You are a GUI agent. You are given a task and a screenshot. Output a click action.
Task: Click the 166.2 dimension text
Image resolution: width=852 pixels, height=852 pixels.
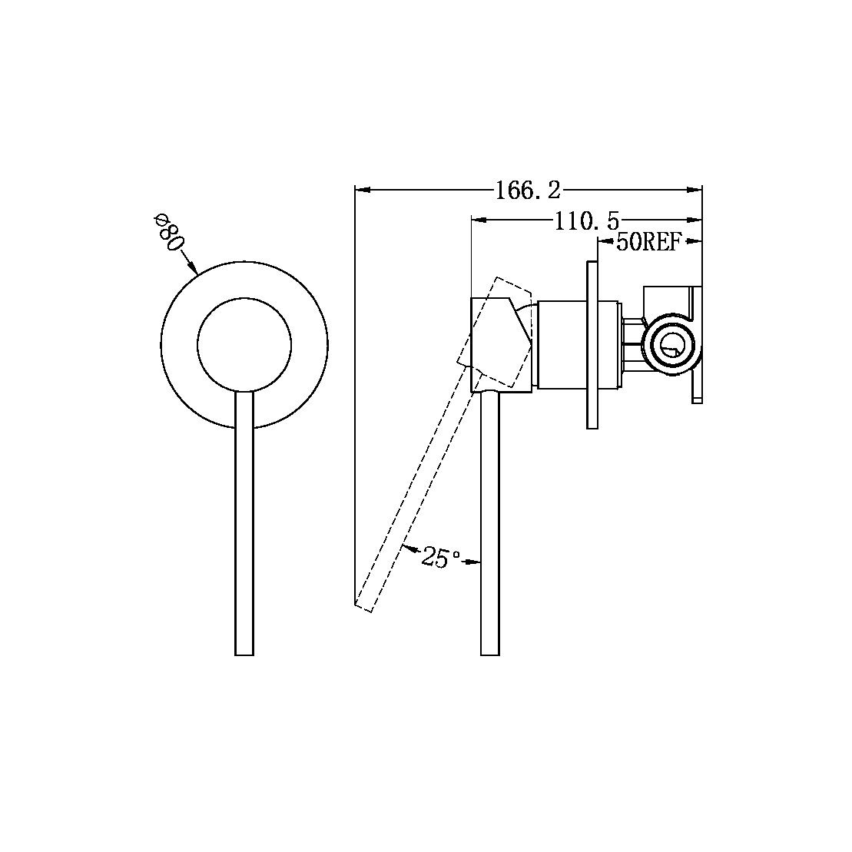click(x=527, y=191)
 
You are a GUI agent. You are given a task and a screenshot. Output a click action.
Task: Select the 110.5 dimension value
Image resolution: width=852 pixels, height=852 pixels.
click(x=586, y=221)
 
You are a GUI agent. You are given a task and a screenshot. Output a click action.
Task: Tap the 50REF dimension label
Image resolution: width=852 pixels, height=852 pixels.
click(x=648, y=242)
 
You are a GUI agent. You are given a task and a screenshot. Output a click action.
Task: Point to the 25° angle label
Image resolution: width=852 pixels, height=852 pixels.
click(x=440, y=558)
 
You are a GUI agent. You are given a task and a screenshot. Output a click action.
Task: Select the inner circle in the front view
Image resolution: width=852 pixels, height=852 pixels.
click(x=244, y=344)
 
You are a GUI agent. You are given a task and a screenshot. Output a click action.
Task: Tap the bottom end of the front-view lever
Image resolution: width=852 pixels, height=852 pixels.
click(x=244, y=655)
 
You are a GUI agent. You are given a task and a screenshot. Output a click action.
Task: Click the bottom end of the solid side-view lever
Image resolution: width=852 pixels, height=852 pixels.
click(x=490, y=655)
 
